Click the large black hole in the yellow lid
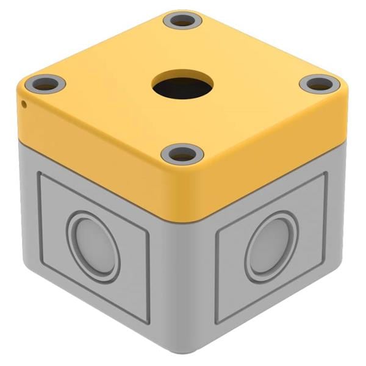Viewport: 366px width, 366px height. pos(183,87)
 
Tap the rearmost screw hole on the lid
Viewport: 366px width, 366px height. pos(182,21)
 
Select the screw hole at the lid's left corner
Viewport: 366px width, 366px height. pos(46,84)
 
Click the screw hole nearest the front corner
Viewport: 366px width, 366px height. pos(182,154)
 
